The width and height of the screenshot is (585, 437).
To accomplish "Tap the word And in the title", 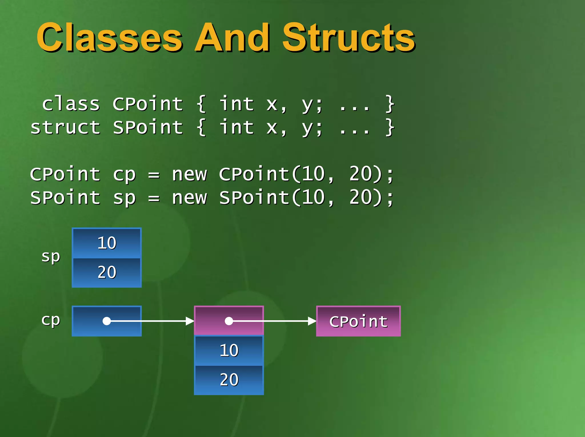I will [232, 38].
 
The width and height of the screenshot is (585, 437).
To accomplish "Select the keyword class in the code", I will [71, 104].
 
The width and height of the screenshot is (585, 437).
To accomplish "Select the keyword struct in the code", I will [65, 127].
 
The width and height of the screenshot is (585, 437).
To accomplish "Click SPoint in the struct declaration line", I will [148, 127].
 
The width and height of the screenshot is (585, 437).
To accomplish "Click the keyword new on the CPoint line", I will [189, 175].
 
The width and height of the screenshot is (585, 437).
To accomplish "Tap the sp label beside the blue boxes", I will [51, 256].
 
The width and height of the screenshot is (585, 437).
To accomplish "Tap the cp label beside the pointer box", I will [51, 320].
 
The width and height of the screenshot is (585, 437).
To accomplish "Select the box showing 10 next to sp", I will [107, 243].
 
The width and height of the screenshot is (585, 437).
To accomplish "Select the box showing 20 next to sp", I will [107, 272].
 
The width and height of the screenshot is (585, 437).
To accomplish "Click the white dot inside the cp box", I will [107, 321].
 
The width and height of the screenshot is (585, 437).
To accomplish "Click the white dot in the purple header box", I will [229, 321].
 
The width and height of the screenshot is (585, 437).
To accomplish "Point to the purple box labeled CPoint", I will [358, 321].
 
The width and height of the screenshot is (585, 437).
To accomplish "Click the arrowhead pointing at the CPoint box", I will [312, 321].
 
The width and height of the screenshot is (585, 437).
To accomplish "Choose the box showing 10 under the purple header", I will [229, 351].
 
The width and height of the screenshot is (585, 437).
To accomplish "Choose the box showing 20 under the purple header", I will [229, 380].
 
